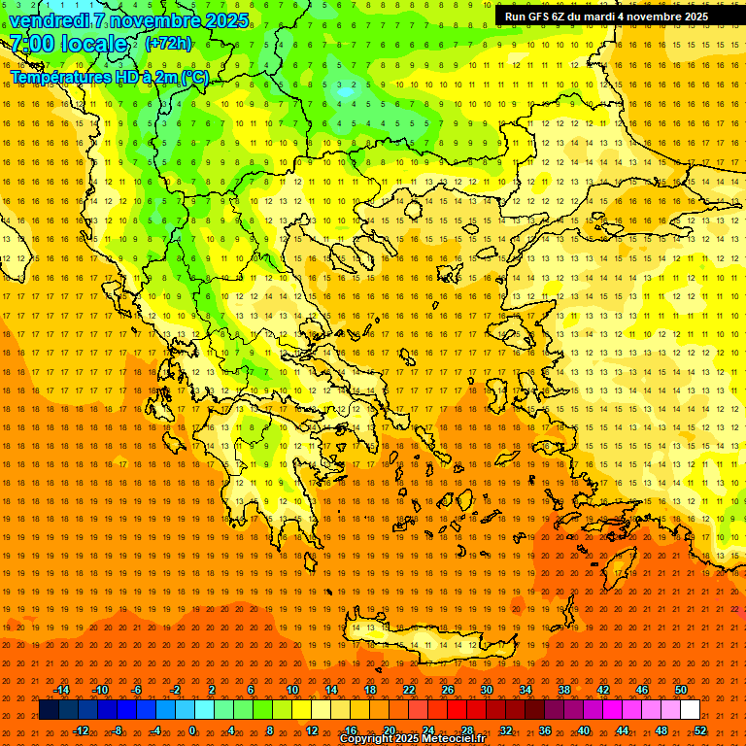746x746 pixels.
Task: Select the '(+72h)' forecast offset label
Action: pyautogui.click(x=168, y=44)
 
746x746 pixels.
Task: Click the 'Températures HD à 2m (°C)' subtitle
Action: pyautogui.click(x=109, y=77)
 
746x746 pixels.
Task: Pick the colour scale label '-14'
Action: pyautogui.click(x=60, y=690)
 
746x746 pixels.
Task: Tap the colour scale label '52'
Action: pyautogui.click(x=700, y=730)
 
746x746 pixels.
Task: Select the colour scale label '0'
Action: pyautogui.click(x=191, y=730)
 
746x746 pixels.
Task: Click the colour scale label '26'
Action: pyautogui.click(x=448, y=690)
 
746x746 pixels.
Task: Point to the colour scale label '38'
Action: pyautogui.click(x=564, y=690)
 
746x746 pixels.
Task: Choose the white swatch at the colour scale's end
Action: pyautogui.click(x=690, y=710)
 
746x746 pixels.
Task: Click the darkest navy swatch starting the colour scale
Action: pyautogui.click(x=49, y=710)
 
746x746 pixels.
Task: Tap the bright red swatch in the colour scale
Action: pyautogui.click(x=457, y=710)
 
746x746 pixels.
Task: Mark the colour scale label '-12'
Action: pyautogui.click(x=81, y=730)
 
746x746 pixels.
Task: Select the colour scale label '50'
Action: pyautogui.click(x=681, y=690)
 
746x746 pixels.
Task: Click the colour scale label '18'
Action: pyautogui.click(x=370, y=690)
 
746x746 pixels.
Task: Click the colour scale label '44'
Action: pyautogui.click(x=623, y=730)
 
